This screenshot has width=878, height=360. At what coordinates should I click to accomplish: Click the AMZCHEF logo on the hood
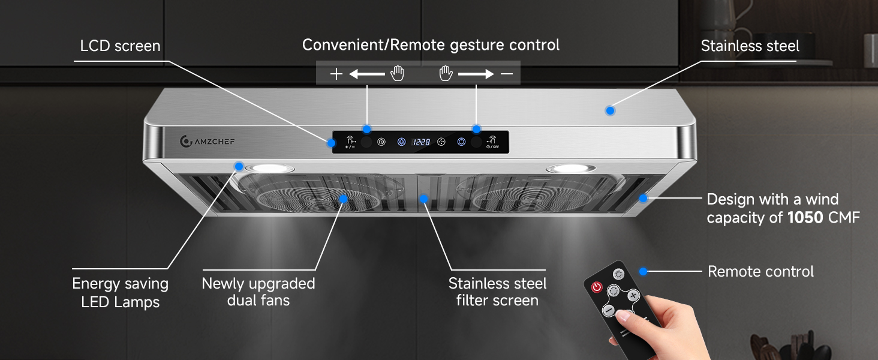207,141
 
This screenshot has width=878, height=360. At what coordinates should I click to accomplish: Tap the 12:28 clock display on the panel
422,142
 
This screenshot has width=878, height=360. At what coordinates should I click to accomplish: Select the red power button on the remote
597,287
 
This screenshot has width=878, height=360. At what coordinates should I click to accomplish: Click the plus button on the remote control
633,295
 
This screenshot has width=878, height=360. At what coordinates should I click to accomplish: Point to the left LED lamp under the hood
269,169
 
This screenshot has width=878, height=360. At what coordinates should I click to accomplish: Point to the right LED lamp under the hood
571,169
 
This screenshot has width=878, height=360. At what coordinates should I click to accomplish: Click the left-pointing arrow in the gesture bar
367,74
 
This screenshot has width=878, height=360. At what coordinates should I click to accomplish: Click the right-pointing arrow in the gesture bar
476,74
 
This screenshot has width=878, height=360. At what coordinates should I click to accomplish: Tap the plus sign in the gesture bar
336,74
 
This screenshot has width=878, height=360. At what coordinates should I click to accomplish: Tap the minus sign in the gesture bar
507,74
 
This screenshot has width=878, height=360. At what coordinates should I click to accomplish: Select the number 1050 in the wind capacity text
805,217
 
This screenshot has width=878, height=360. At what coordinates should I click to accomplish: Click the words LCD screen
121,46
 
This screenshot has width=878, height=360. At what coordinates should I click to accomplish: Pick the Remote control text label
761,271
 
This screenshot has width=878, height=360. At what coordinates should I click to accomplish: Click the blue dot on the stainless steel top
610,110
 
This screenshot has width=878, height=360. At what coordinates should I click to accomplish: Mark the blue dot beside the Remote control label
644,271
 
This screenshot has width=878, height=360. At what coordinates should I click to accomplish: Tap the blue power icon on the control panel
461,142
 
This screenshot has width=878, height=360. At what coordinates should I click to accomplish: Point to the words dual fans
258,301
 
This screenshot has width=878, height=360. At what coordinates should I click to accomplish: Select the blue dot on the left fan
344,199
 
